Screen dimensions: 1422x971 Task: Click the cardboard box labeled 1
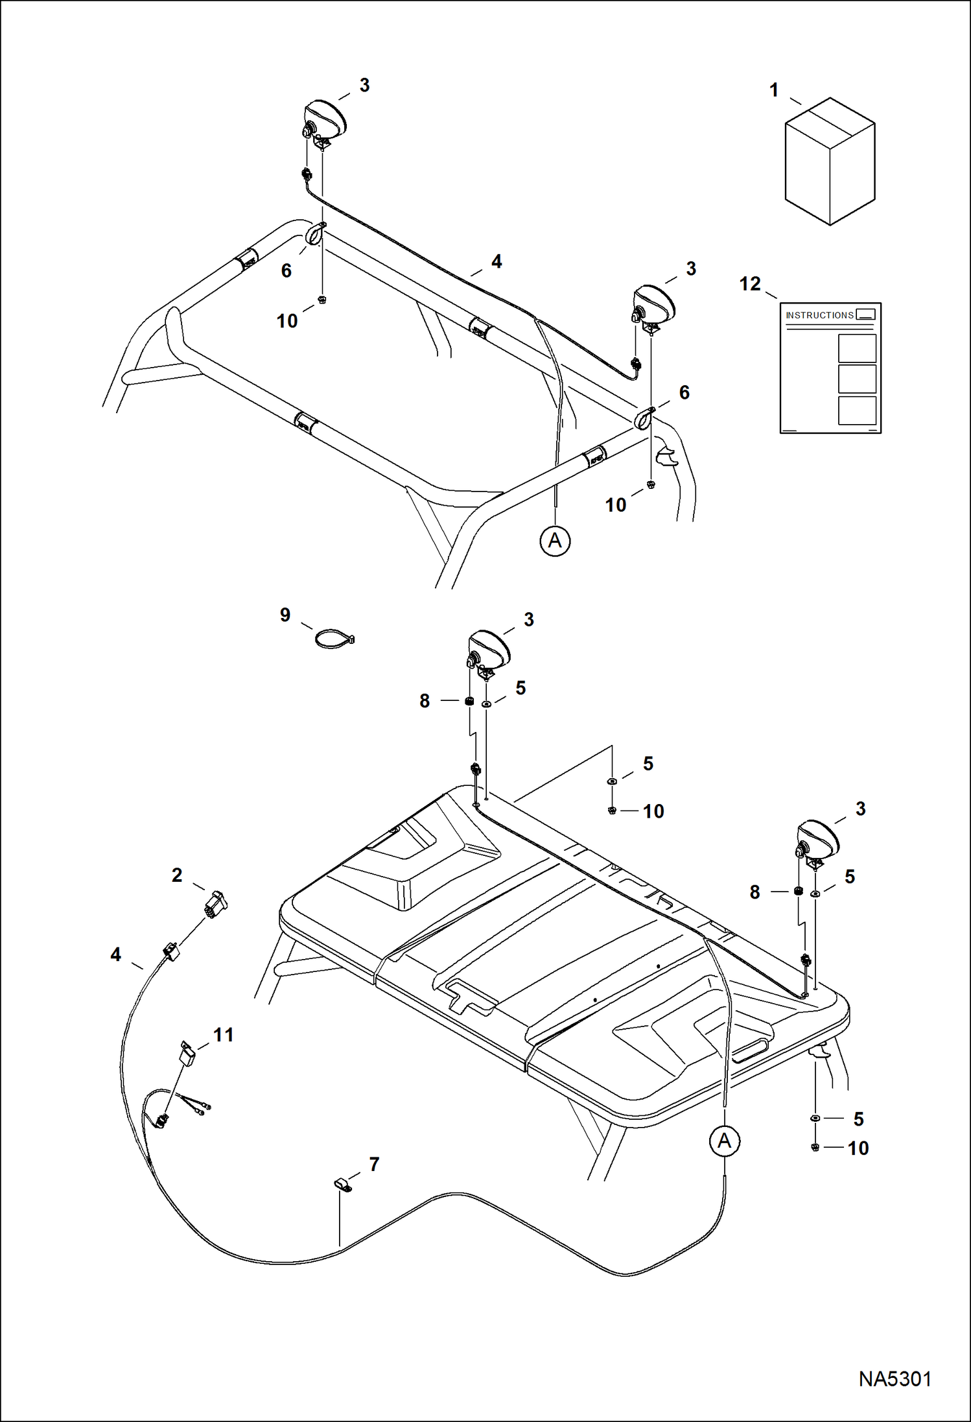click(830, 162)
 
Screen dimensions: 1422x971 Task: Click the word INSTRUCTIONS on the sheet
click(819, 315)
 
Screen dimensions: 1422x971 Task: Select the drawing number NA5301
click(895, 1379)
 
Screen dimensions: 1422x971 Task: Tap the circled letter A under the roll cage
click(555, 540)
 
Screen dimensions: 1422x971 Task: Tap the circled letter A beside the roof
click(724, 1141)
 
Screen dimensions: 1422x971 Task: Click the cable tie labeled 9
click(333, 639)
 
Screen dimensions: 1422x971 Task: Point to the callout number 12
click(750, 284)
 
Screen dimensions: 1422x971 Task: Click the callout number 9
click(285, 615)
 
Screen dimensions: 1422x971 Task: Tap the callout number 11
click(224, 1035)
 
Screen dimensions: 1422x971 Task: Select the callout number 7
click(374, 1165)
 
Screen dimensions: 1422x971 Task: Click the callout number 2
click(177, 875)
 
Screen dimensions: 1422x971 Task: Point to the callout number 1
click(773, 90)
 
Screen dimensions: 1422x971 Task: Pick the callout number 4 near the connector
click(115, 954)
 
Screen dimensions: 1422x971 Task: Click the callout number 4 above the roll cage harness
click(497, 261)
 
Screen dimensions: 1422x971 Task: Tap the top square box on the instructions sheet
click(857, 348)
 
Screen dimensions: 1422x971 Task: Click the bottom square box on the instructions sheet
click(857, 410)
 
